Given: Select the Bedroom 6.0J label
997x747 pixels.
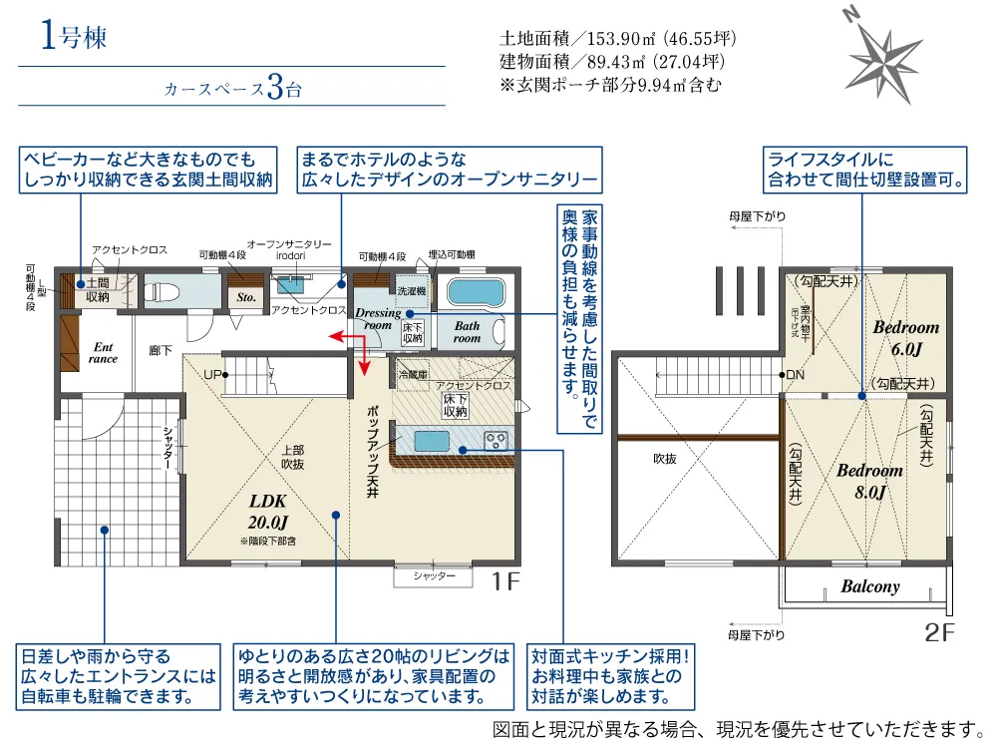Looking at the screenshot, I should pos(905,338).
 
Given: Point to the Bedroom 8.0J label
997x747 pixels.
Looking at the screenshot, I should pos(869,481).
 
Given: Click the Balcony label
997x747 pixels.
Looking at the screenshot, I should pos(869,587).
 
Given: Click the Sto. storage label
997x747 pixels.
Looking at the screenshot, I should pos(246,297).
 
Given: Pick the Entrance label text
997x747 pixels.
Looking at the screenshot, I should pos(103,353).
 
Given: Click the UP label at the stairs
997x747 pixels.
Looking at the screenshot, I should pos(211,374).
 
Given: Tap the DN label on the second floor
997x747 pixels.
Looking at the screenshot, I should pos(795,375).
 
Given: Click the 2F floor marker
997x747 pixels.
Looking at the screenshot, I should pos(939,631).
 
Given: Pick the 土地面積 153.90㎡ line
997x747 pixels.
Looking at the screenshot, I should pos(617,40).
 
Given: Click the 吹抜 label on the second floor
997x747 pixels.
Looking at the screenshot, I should pos(665,459).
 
